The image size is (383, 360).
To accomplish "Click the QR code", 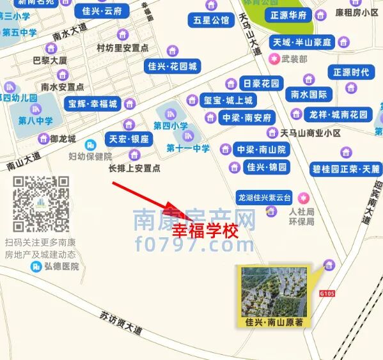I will (42, 204).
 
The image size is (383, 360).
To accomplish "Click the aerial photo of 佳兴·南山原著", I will (272, 291).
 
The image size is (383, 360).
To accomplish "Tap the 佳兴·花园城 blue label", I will (173, 66).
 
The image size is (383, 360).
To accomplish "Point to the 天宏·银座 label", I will (129, 139).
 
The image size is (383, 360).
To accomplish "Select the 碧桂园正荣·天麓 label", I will (346, 169).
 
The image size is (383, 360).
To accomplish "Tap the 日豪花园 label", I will (262, 84).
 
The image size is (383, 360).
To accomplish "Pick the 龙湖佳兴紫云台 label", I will (264, 197).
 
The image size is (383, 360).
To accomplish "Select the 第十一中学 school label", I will (188, 148).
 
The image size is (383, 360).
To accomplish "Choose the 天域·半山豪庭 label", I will (302, 42).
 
